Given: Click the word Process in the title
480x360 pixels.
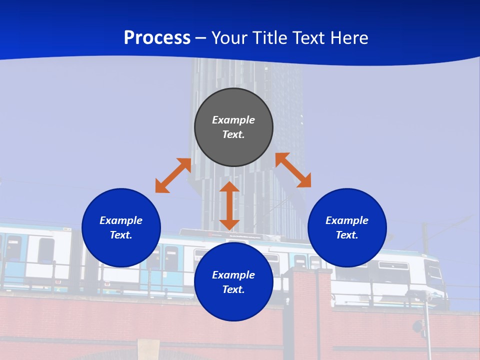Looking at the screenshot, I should pyautogui.click(x=157, y=38).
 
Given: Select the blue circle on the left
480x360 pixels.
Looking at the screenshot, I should pyautogui.click(x=121, y=250).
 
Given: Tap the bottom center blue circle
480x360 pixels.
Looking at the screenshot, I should pyautogui.click(x=233, y=305).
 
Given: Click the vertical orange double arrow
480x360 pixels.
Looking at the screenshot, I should pyautogui.click(x=229, y=205).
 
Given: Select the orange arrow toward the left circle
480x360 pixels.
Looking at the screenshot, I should pyautogui.click(x=173, y=175).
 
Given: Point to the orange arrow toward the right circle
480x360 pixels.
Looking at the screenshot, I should pyautogui.click(x=293, y=170).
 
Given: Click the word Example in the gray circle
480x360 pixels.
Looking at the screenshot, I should pyautogui.click(x=233, y=120).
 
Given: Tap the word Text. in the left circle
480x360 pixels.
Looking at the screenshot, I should pyautogui.click(x=121, y=235).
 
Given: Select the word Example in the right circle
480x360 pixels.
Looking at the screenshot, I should pyautogui.click(x=347, y=220).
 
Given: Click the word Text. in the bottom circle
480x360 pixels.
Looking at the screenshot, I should pyautogui.click(x=233, y=289).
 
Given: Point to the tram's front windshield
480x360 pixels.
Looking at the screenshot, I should pyautogui.click(x=435, y=272).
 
